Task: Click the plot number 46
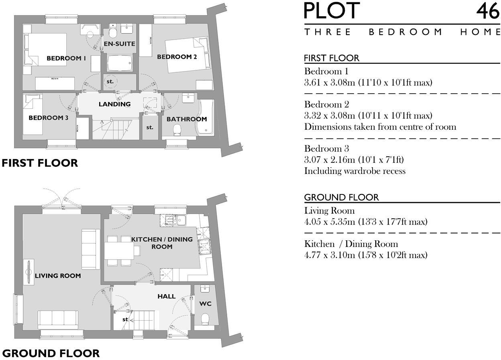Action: tap(488, 11)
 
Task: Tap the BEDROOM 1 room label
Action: tap(66, 58)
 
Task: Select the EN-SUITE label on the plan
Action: tap(119, 44)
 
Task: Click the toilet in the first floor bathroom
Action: tap(177, 130)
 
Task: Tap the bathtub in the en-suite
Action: tap(119, 64)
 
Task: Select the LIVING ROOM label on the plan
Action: tap(58, 276)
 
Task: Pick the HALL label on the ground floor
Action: tap(166, 297)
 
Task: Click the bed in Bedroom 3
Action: tap(32, 115)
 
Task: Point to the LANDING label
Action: tap(115, 104)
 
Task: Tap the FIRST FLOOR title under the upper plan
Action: tap(39, 163)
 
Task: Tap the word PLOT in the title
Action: tap(332, 11)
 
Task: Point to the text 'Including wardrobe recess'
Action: tap(354, 171)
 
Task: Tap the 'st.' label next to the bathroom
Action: tap(150, 127)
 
